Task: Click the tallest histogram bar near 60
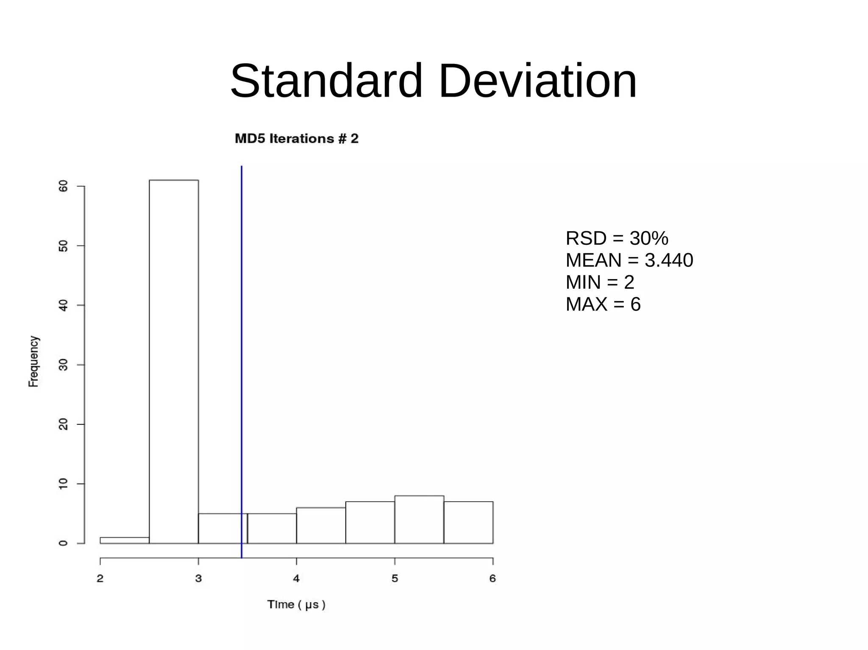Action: tap(174, 360)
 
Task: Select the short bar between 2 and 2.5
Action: tap(125, 540)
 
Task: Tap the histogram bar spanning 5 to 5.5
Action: tap(419, 520)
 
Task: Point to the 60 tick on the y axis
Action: tap(63, 186)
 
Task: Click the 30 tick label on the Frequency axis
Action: tap(63, 365)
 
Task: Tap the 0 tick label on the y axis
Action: tap(63, 543)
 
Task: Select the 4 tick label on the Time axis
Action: tap(296, 578)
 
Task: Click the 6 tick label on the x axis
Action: tap(492, 578)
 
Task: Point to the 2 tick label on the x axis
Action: tap(100, 578)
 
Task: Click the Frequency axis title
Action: tap(33, 361)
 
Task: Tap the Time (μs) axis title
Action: tap(296, 605)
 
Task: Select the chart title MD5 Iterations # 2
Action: tap(297, 139)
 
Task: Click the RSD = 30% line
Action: tap(617, 238)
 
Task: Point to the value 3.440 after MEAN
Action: tap(669, 260)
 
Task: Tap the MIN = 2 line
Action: tap(600, 282)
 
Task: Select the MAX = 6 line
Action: tap(603, 304)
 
